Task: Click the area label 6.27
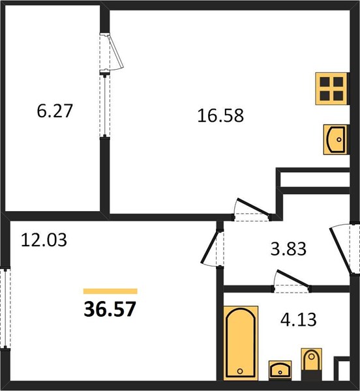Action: [55, 111]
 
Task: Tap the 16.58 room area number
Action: [220, 116]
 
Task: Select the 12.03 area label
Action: [44, 240]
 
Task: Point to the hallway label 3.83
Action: [288, 249]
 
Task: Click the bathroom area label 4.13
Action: [299, 320]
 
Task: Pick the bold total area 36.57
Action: [110, 309]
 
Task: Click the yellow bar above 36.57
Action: [110, 291]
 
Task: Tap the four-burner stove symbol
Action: [331, 89]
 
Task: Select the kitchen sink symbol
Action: [335, 139]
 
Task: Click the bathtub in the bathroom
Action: [241, 343]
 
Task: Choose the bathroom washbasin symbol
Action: [280, 371]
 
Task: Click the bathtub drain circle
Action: [240, 371]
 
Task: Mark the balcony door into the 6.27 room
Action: [111, 52]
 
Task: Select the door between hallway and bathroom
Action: [292, 282]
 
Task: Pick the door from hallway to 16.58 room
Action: [252, 210]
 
